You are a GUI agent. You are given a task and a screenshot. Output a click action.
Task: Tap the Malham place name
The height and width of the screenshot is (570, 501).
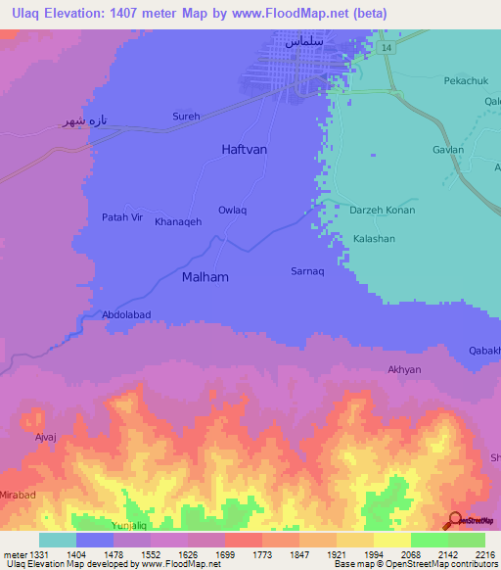[x=205, y=277]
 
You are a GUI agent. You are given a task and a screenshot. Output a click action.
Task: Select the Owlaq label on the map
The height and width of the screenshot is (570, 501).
[x=232, y=211]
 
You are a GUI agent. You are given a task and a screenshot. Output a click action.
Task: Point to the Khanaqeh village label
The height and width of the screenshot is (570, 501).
[x=178, y=222]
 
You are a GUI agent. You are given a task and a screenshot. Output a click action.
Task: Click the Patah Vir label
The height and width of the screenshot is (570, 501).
[x=122, y=217]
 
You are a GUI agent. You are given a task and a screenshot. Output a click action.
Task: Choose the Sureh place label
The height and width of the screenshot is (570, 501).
[x=186, y=117]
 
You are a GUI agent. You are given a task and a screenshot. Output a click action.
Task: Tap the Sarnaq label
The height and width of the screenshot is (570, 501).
[x=307, y=269]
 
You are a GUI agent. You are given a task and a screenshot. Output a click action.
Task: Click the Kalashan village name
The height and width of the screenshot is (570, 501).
[x=374, y=239]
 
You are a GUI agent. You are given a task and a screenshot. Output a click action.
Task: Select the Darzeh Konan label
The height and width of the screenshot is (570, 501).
[x=383, y=211]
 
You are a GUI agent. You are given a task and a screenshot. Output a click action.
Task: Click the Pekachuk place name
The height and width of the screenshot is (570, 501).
[x=466, y=81]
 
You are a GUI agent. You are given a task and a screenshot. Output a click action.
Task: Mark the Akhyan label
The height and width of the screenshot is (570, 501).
[x=404, y=370]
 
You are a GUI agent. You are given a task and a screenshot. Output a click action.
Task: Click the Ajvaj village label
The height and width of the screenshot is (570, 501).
[x=47, y=437]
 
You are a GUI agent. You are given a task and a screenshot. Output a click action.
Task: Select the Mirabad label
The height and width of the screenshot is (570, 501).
[x=18, y=496]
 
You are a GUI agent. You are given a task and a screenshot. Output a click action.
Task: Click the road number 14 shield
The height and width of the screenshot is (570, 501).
[x=387, y=47]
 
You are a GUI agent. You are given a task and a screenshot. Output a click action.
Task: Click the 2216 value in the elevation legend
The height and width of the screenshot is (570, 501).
[x=485, y=554]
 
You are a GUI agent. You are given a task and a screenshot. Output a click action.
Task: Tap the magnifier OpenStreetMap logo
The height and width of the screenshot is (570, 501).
[x=454, y=520]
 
